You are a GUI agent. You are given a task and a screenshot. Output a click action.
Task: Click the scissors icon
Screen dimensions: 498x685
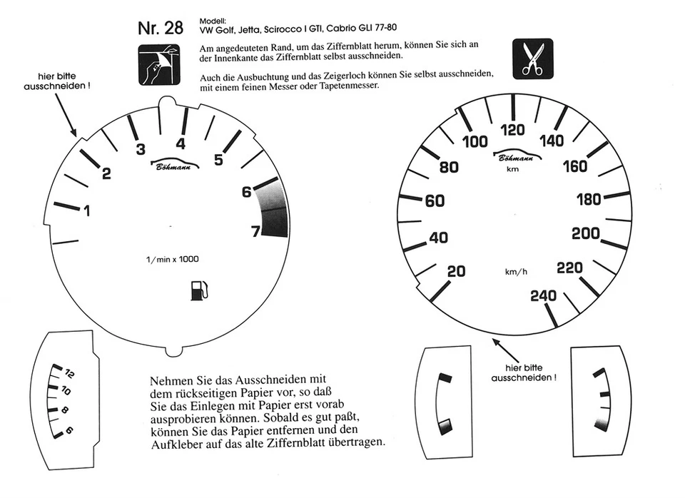[532, 59]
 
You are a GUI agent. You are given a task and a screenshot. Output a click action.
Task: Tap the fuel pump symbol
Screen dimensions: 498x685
[199, 290]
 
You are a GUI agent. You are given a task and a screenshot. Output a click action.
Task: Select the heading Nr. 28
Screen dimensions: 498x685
[160, 29]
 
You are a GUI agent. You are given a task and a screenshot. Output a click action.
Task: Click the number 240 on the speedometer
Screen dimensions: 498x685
[544, 295]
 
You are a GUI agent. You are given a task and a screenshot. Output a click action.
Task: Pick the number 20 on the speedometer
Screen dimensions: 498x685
[456, 271]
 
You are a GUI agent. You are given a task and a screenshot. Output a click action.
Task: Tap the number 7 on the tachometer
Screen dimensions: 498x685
[254, 230]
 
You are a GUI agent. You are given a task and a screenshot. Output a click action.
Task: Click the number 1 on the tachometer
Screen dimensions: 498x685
[87, 210]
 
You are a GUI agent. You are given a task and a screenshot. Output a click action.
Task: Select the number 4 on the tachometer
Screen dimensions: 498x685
[181, 143]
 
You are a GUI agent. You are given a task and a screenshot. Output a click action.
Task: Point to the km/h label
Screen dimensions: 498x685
[516, 272]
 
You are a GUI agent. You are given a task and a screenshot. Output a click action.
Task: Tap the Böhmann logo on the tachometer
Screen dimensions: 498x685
[176, 165]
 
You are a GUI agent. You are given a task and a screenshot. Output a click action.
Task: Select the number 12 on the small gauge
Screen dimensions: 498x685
[71, 373]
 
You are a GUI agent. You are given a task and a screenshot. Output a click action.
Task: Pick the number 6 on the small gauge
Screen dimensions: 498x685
[69, 430]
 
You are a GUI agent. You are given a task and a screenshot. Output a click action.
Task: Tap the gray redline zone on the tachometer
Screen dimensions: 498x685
[275, 210]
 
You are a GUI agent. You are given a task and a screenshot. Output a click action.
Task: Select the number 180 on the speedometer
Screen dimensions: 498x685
[589, 200]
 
